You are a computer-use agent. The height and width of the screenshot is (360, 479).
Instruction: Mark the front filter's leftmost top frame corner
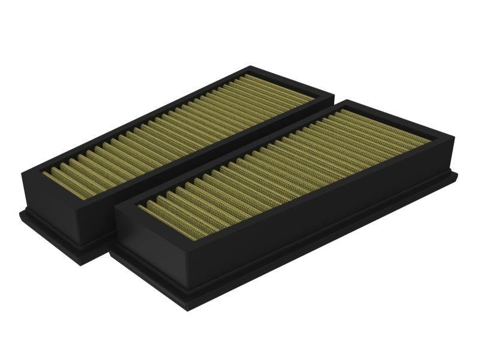(x=114, y=204)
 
